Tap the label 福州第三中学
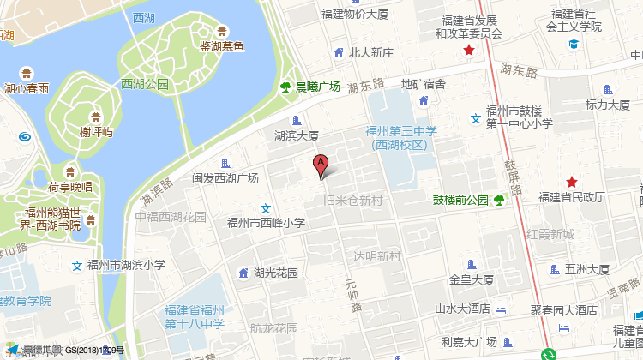point(401,131)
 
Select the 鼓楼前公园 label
point(460,201)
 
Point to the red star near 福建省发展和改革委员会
point(468,51)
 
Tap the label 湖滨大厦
point(297,135)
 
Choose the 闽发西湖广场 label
point(225,178)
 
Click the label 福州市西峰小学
point(266,223)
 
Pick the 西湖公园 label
point(146,84)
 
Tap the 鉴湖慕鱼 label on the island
point(221,46)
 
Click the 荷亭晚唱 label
point(70,187)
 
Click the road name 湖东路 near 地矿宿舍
point(366,85)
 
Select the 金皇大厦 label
point(472,279)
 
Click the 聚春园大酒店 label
point(563,309)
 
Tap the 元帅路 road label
point(352,294)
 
